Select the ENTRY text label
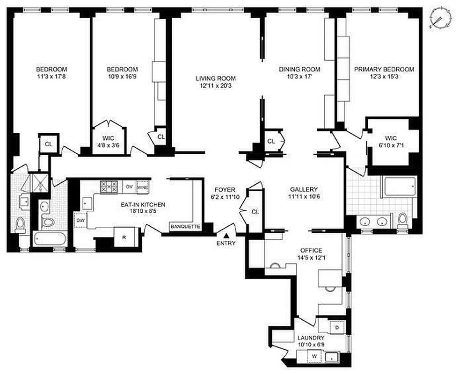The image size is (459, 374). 226,243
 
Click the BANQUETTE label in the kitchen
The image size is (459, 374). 186,227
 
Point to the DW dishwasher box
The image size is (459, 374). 80,220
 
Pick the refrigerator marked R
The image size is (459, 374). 124,237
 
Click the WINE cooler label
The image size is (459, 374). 143,187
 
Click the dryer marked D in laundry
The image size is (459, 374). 336,327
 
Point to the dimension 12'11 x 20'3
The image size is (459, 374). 216,86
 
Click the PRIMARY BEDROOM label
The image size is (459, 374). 384,70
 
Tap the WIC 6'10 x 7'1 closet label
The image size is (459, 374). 391,142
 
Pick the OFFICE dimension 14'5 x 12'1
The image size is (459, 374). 309,258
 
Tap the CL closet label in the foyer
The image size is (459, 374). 255,212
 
